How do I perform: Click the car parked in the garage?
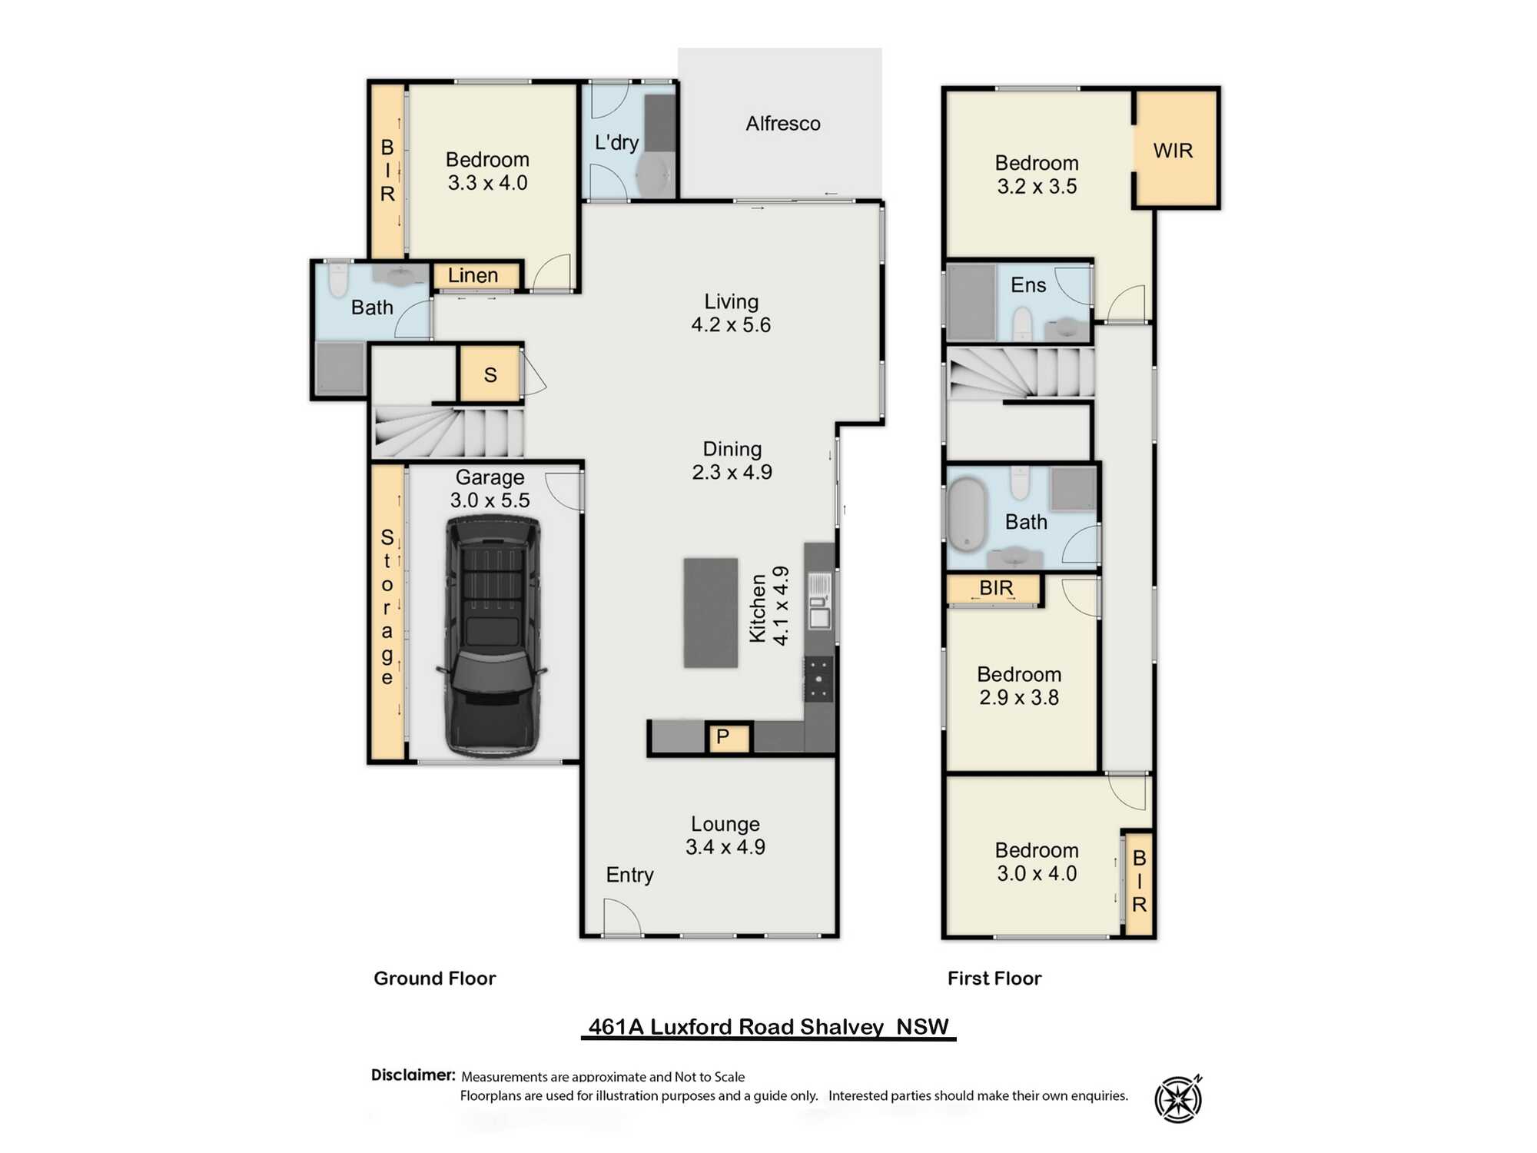[x=492, y=636]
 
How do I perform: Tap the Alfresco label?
[x=782, y=124]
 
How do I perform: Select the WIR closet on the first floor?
[x=1173, y=150]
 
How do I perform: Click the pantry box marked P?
[x=723, y=737]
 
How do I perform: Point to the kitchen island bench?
[x=710, y=613]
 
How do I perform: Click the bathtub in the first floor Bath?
[x=967, y=514]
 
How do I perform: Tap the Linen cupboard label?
[x=473, y=275]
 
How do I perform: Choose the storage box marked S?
[x=490, y=374]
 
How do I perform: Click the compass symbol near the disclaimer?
[x=1178, y=1099]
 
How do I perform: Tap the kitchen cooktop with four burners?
[x=818, y=679]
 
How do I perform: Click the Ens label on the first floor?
[x=1027, y=285]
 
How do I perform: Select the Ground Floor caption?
[x=434, y=978]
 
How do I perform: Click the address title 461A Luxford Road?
[x=768, y=1027]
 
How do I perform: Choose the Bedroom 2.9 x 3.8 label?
[x=1018, y=686]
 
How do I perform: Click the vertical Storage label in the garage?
[x=387, y=606]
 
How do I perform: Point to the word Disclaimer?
[x=413, y=1075]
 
